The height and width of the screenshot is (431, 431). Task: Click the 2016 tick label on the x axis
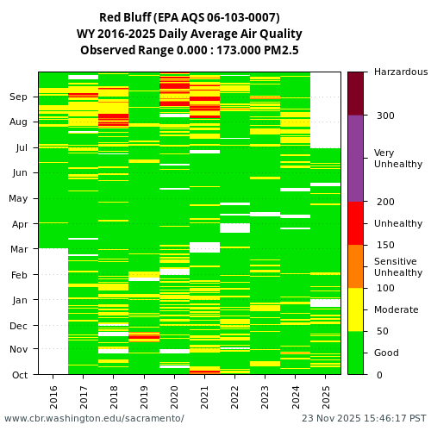tap(53, 396)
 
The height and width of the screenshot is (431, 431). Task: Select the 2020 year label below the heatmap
tap(174, 396)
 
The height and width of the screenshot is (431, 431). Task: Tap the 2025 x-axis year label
tap(325, 396)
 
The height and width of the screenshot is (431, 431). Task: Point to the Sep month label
tap(19, 97)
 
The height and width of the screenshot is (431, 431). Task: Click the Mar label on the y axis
tap(19, 249)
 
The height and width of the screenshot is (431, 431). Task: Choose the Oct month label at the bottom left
tap(19, 375)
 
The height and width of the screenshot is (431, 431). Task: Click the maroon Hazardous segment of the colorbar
tap(355, 93)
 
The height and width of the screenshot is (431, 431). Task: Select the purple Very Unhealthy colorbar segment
tap(355, 159)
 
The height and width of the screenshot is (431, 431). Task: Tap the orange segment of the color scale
tap(355, 266)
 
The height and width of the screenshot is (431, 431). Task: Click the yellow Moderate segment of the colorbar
tap(355, 309)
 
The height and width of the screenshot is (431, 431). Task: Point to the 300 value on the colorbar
tap(384, 116)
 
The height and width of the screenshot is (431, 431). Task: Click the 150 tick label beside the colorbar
tap(384, 245)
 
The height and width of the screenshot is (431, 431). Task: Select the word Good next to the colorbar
tap(386, 353)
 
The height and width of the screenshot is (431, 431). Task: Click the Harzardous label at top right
tap(400, 72)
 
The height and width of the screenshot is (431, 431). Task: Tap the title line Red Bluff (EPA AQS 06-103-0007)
tap(190, 18)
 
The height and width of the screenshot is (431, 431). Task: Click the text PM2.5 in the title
tap(281, 50)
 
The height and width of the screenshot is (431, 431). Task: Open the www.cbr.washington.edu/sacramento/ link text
tap(94, 419)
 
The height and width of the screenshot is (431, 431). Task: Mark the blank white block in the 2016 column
tap(53, 311)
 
